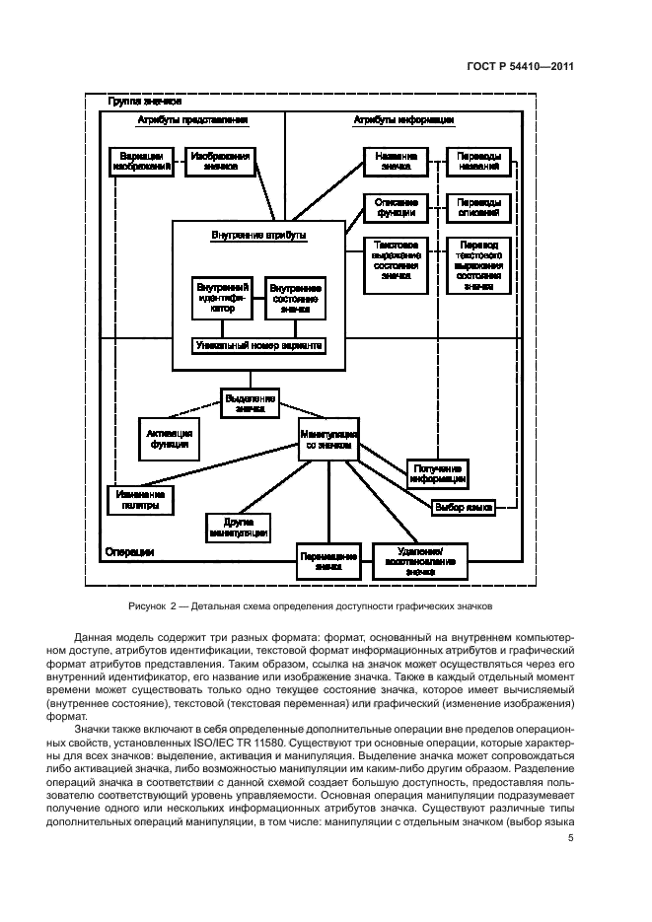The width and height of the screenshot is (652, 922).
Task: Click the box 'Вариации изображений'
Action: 141,162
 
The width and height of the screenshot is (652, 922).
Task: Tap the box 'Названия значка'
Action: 396,162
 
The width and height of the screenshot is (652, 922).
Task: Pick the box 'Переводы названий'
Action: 478,162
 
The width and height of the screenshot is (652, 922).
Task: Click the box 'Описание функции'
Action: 396,207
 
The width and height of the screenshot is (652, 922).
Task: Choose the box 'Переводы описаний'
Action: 478,207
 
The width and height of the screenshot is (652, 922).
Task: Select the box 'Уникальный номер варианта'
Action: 256,346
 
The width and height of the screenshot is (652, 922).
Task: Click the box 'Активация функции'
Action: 169,437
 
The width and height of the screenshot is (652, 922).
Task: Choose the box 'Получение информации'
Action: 437,473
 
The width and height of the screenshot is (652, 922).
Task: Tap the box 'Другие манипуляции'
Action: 239,527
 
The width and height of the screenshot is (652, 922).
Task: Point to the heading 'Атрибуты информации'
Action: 403,120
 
